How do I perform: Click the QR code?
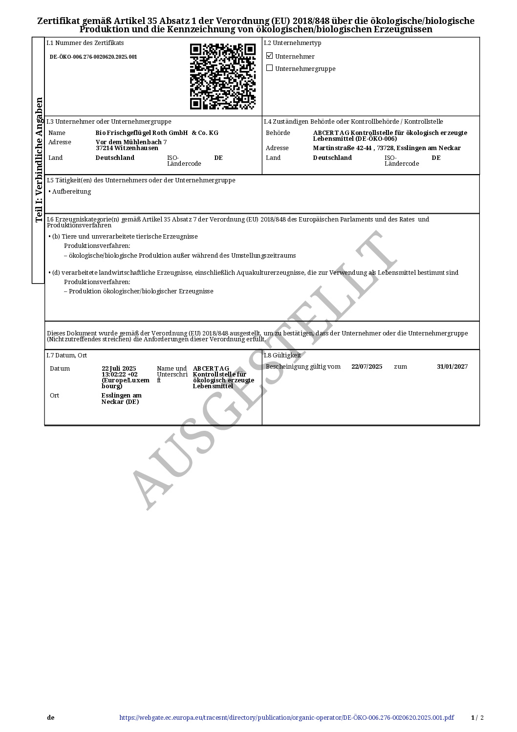[x=222, y=76]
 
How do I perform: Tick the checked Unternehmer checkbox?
[x=269, y=56]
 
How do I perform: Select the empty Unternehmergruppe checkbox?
[x=269, y=68]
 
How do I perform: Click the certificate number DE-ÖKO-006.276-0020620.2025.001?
[x=93, y=57]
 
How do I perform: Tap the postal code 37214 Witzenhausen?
[x=127, y=148]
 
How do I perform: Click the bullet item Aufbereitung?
[x=71, y=192]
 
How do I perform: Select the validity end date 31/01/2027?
[x=452, y=367]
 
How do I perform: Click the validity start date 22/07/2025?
[x=366, y=367]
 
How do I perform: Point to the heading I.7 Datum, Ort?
[x=66, y=355]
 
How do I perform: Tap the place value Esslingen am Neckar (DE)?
[x=121, y=399]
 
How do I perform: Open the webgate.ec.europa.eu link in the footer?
[x=286, y=718]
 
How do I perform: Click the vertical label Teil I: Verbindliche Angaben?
[x=39, y=159]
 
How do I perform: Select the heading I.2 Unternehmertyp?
[x=292, y=43]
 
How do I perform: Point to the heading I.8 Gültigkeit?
[x=282, y=355]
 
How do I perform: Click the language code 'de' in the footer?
[x=51, y=718]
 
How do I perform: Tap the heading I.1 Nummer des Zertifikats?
[x=85, y=43]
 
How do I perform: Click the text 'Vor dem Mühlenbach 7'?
[x=131, y=142]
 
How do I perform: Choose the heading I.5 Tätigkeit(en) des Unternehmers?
[x=141, y=180]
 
